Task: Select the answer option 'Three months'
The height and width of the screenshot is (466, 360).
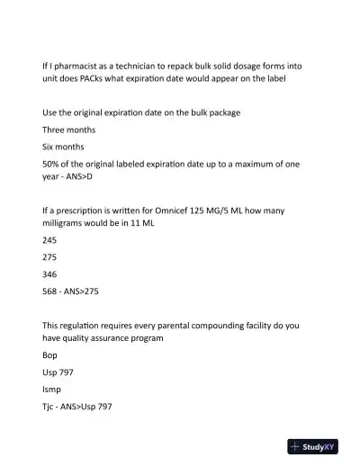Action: click(68, 130)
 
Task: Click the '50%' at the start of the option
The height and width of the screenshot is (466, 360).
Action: click(52, 163)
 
